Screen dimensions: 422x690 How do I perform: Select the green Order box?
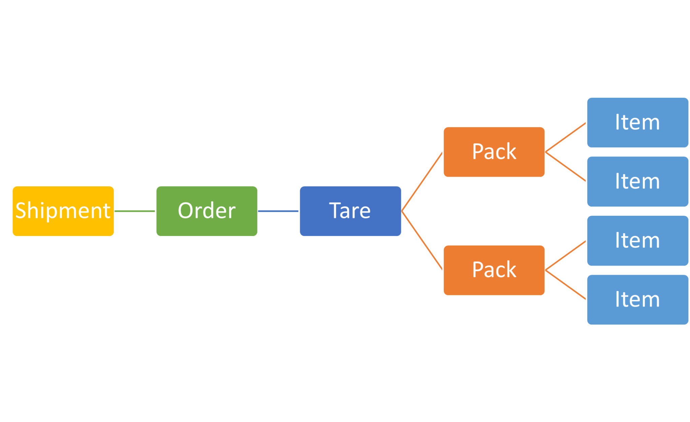[207, 211]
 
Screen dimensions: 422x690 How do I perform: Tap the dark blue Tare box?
[350, 211]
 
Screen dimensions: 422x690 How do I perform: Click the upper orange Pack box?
[494, 152]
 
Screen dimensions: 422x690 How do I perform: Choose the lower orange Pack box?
[494, 270]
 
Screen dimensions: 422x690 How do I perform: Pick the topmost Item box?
[637, 122]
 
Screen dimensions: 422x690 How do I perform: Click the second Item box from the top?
[637, 181]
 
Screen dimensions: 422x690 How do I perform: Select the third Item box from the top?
[637, 241]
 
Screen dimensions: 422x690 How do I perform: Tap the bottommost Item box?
[637, 300]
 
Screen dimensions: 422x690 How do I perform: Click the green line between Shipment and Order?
[135, 211]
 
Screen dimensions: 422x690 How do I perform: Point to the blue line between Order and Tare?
[278, 211]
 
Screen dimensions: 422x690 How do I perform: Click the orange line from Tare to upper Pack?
[422, 182]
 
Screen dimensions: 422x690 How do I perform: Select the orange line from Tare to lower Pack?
[422, 241]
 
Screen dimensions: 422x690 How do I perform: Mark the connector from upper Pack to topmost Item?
[566, 138]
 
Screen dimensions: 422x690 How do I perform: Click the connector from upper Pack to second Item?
[566, 167]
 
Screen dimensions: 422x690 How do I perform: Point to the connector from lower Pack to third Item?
[566, 255]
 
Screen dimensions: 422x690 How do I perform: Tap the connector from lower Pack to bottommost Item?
[566, 285]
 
